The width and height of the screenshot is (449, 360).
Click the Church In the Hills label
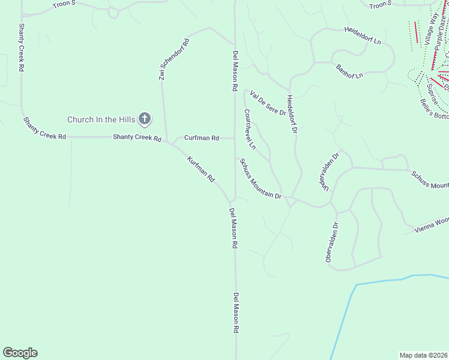point(101,119)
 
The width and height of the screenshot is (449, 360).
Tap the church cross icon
point(145,119)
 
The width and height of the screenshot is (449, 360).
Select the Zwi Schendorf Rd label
point(173,60)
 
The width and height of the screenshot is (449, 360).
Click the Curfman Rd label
point(202,138)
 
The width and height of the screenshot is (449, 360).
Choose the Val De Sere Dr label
point(268,103)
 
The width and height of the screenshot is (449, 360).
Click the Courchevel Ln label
point(250,129)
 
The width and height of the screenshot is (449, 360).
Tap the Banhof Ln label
point(349,71)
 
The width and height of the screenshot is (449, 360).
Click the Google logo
point(20,353)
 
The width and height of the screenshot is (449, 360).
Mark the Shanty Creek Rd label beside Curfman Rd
point(137,138)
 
